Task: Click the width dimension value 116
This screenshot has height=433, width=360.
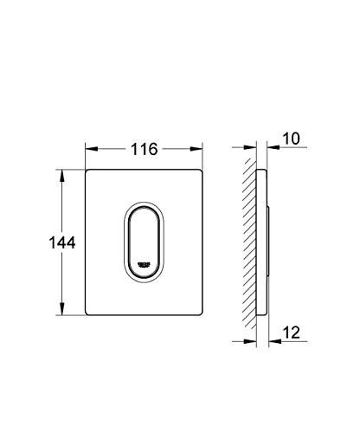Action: (144, 149)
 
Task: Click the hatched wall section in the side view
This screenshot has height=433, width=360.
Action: (249, 243)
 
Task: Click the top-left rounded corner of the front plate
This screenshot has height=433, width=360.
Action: (89, 173)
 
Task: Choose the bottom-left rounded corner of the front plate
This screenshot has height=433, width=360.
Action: (89, 314)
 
